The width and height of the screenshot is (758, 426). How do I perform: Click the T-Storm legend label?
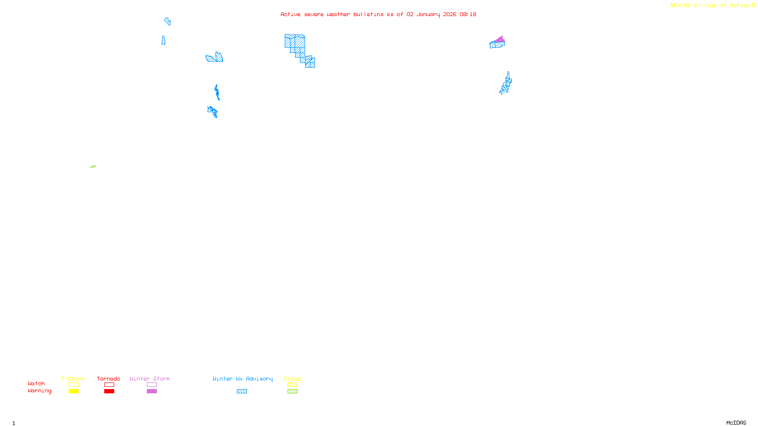coord(73,379)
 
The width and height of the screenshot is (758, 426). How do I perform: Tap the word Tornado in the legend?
coord(108,379)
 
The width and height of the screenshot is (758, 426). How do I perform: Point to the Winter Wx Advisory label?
coord(243,379)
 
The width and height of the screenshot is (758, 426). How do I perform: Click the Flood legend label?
coord(292,379)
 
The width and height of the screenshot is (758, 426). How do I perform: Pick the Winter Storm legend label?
coord(150,379)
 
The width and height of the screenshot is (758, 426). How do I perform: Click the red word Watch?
coord(36,383)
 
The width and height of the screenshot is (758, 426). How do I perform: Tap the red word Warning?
coord(39,391)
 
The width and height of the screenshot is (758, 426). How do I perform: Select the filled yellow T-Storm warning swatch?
coord(73,391)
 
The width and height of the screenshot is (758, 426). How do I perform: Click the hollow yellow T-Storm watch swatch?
coord(73,385)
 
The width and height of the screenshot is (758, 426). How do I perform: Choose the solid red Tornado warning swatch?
coord(109,391)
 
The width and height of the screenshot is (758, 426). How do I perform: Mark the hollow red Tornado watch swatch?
coord(109,385)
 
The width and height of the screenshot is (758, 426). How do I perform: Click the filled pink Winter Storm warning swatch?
coord(152,391)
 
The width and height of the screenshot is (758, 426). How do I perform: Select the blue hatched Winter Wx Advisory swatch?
coord(242,391)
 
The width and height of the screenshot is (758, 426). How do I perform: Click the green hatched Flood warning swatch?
coord(292,391)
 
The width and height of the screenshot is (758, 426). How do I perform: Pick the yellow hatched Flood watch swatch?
coord(292,385)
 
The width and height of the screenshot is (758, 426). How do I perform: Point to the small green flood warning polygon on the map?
coord(93,167)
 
